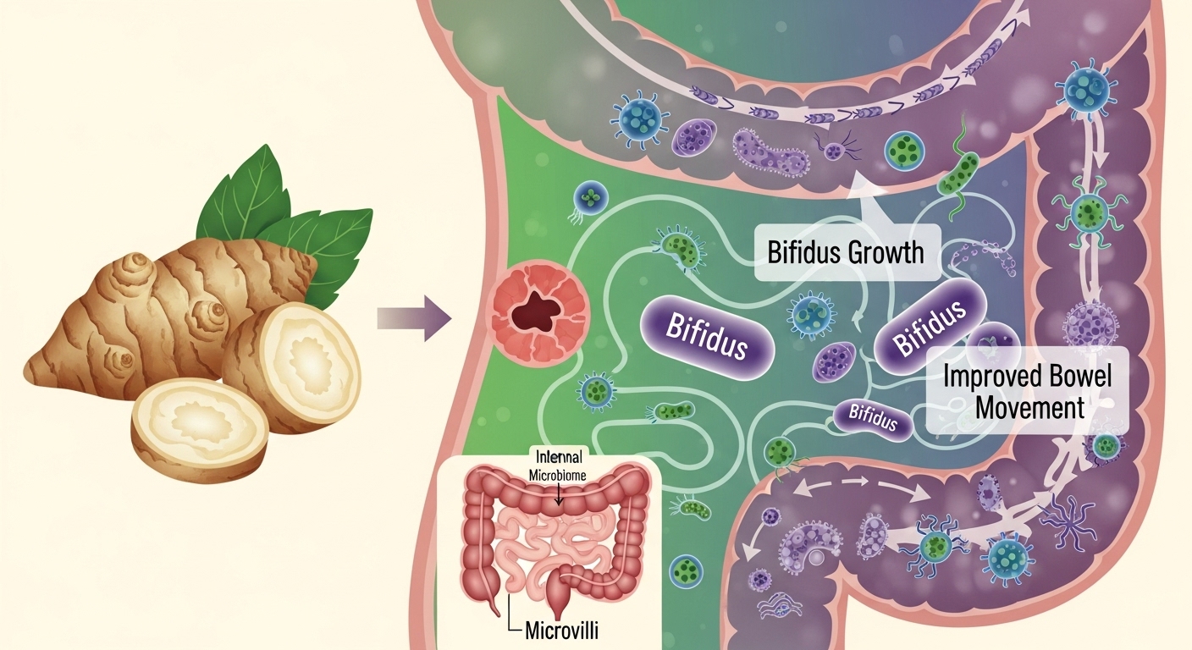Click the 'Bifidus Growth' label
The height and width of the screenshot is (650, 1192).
click(x=845, y=252)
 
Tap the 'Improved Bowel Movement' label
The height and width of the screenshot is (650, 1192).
click(x=1029, y=391)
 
